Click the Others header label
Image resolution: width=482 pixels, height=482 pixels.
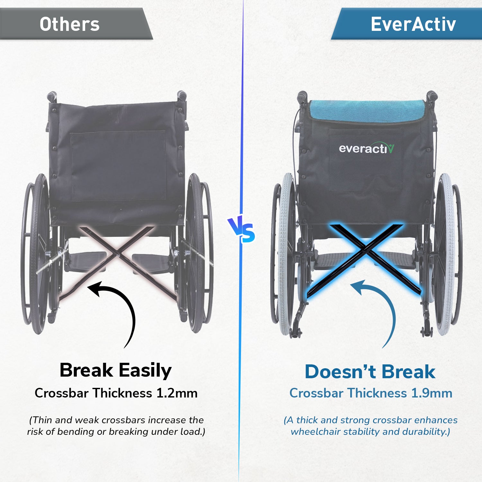[70, 24]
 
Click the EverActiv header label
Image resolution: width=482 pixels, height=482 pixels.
[413, 24]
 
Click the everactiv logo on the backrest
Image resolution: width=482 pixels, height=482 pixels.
[366, 148]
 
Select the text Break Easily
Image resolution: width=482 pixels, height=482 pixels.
[116, 370]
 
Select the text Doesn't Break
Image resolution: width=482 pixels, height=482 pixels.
[370, 372]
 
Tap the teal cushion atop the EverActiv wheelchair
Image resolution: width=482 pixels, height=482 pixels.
[366, 111]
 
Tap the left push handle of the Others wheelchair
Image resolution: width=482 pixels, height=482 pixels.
[52, 96]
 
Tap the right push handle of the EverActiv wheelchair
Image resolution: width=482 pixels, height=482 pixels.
[431, 96]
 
